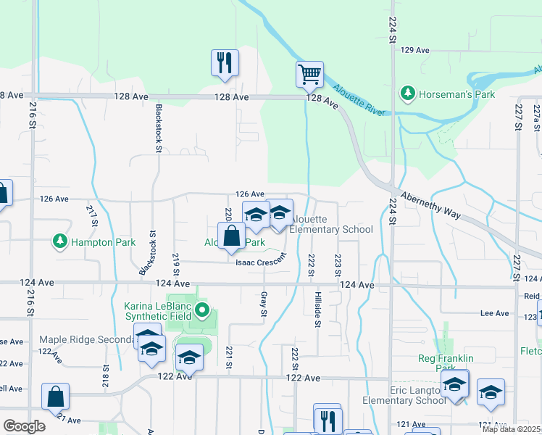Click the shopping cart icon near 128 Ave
tap(309, 74)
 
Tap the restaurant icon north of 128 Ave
tap(225, 62)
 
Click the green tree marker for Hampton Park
tap(59, 241)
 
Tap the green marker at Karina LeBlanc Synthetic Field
tap(204, 312)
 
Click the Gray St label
tap(263, 304)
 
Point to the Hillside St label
tap(317, 310)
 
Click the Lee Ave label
tap(496, 313)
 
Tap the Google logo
tap(24, 426)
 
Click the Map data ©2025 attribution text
tap(510, 429)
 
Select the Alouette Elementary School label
tap(332, 225)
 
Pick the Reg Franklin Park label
tap(446, 363)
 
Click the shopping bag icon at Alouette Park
tap(231, 236)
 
